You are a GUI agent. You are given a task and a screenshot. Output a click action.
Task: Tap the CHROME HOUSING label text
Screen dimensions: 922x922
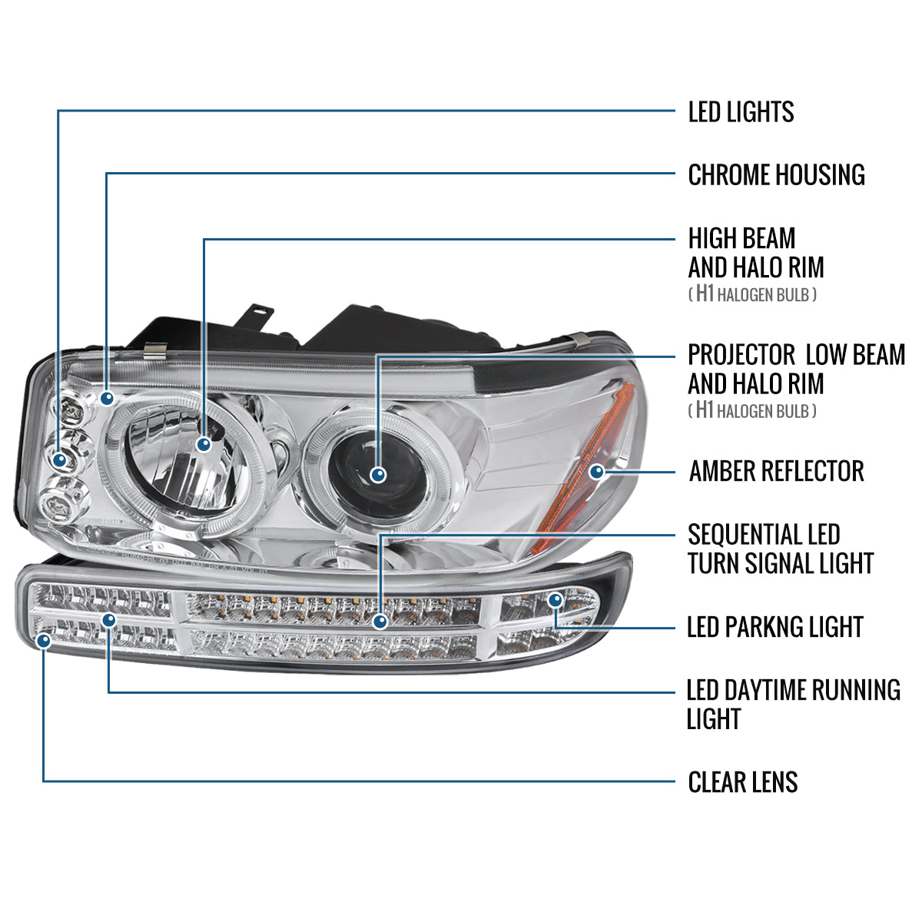[x=776, y=175]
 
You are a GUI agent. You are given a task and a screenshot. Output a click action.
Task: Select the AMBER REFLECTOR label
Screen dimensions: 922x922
[x=776, y=471]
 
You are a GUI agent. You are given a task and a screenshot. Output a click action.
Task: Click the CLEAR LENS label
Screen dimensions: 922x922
[x=743, y=782]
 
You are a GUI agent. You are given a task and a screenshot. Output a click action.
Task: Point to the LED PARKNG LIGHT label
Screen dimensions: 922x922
[x=774, y=627]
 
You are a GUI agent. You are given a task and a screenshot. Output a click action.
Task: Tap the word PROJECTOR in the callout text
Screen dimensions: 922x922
[x=741, y=355]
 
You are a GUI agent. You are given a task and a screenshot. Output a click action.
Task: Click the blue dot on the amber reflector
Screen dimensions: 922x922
[x=596, y=472]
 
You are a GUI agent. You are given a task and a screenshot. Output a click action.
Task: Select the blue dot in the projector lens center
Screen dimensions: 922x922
[x=377, y=475]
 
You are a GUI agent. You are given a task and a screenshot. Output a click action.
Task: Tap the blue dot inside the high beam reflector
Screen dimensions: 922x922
[x=204, y=444]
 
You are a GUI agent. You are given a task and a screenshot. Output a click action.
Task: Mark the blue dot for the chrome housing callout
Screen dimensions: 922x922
[x=107, y=398]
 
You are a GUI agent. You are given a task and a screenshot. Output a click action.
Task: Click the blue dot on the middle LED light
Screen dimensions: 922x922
[x=60, y=459]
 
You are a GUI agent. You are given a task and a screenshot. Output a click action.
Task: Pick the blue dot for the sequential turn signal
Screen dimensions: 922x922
[x=379, y=620]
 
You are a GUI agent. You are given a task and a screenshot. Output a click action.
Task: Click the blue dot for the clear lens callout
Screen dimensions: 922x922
[x=44, y=639]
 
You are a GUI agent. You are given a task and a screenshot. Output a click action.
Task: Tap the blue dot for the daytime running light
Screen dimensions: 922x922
[x=109, y=619]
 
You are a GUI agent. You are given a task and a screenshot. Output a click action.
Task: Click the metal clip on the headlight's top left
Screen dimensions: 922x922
[x=154, y=351]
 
